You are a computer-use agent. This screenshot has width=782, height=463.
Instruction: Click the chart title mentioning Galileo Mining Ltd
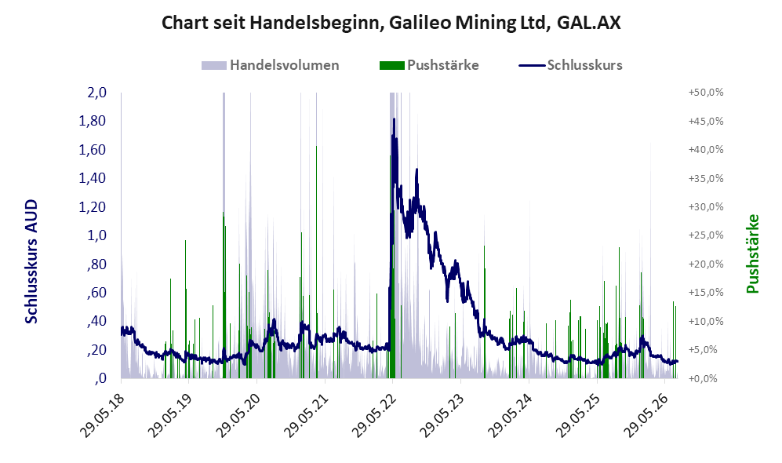coord(391,23)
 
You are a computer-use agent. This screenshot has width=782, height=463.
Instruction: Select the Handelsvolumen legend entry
coord(271,65)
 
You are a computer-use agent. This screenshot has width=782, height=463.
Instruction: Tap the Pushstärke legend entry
coord(429,65)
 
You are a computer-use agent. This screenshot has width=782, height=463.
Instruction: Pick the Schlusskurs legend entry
coord(570,65)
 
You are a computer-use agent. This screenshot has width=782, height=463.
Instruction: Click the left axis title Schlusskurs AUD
coord(31,261)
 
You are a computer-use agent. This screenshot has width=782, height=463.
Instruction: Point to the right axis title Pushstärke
coord(752,253)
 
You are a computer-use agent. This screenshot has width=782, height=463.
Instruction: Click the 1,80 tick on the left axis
coord(93,121)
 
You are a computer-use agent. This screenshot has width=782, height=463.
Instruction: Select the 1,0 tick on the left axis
coord(96,235)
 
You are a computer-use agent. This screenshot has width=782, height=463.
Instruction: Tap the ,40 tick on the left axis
coord(96,321)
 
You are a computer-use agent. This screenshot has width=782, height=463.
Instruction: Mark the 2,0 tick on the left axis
coord(96,93)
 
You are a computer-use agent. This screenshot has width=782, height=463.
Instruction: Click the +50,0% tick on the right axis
coord(706,93)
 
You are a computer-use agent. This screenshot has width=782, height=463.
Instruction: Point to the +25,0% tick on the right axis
coord(706,235)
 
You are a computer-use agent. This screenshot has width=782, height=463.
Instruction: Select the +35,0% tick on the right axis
coord(706,178)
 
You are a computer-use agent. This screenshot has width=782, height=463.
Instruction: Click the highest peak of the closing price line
coord(394,118)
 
